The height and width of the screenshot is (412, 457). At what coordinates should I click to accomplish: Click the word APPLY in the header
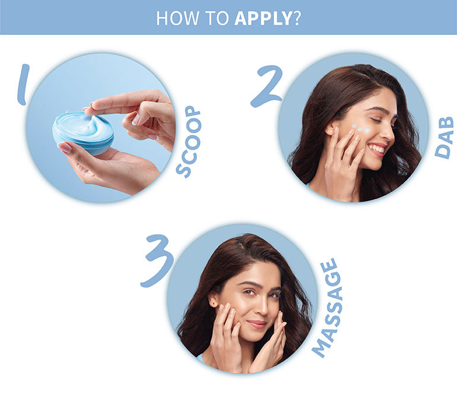point(263,18)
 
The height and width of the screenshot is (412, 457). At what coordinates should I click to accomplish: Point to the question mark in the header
point(296,18)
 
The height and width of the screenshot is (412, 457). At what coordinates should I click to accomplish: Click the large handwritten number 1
point(23,84)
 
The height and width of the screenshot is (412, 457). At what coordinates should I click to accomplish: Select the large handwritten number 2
point(266,86)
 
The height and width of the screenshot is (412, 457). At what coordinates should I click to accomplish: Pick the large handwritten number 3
point(157,261)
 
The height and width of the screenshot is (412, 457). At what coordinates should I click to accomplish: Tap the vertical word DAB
point(445,138)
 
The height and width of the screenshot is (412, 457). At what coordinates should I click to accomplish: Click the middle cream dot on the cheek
point(360,129)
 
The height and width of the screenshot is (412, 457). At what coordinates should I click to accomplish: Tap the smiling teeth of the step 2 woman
point(376,149)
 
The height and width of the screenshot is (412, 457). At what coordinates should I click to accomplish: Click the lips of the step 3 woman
point(256,324)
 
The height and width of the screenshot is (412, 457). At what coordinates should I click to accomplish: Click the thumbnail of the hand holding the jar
point(65,148)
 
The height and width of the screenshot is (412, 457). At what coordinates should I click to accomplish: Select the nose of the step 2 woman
point(390,132)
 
